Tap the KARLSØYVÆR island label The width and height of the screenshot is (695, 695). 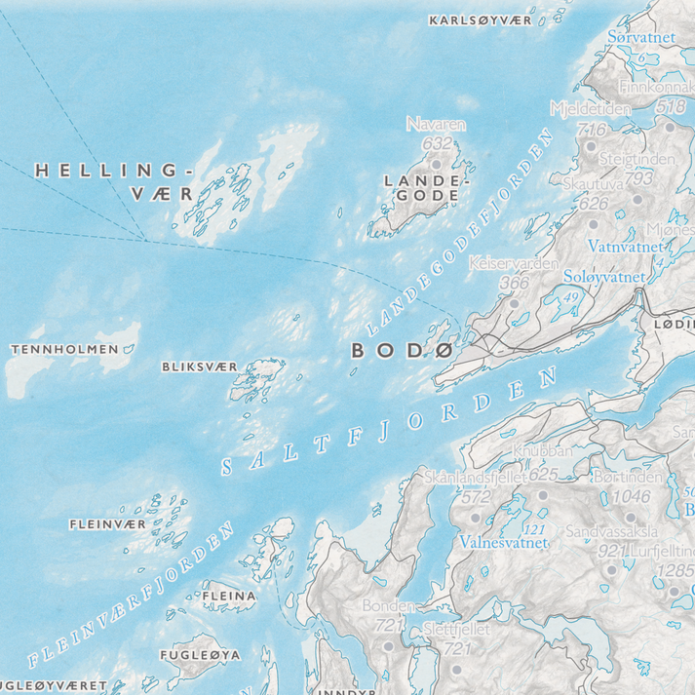tap(480, 19)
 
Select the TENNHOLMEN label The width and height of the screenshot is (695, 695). tap(63, 349)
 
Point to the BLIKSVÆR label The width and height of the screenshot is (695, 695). tap(198, 367)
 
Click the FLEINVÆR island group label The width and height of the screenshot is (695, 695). tap(108, 524)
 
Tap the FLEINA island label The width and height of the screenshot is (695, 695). tap(228, 595)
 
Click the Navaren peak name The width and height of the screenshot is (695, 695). tap(436, 125)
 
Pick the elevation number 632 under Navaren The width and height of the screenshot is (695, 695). tap(438, 143)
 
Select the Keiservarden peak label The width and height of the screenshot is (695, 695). tap(513, 264)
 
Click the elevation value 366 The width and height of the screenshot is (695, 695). tap(513, 283)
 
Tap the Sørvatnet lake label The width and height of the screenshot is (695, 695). tap(640, 37)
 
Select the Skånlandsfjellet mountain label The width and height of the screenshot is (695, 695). tap(476, 477)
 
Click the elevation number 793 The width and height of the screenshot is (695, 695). tap(638, 178)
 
